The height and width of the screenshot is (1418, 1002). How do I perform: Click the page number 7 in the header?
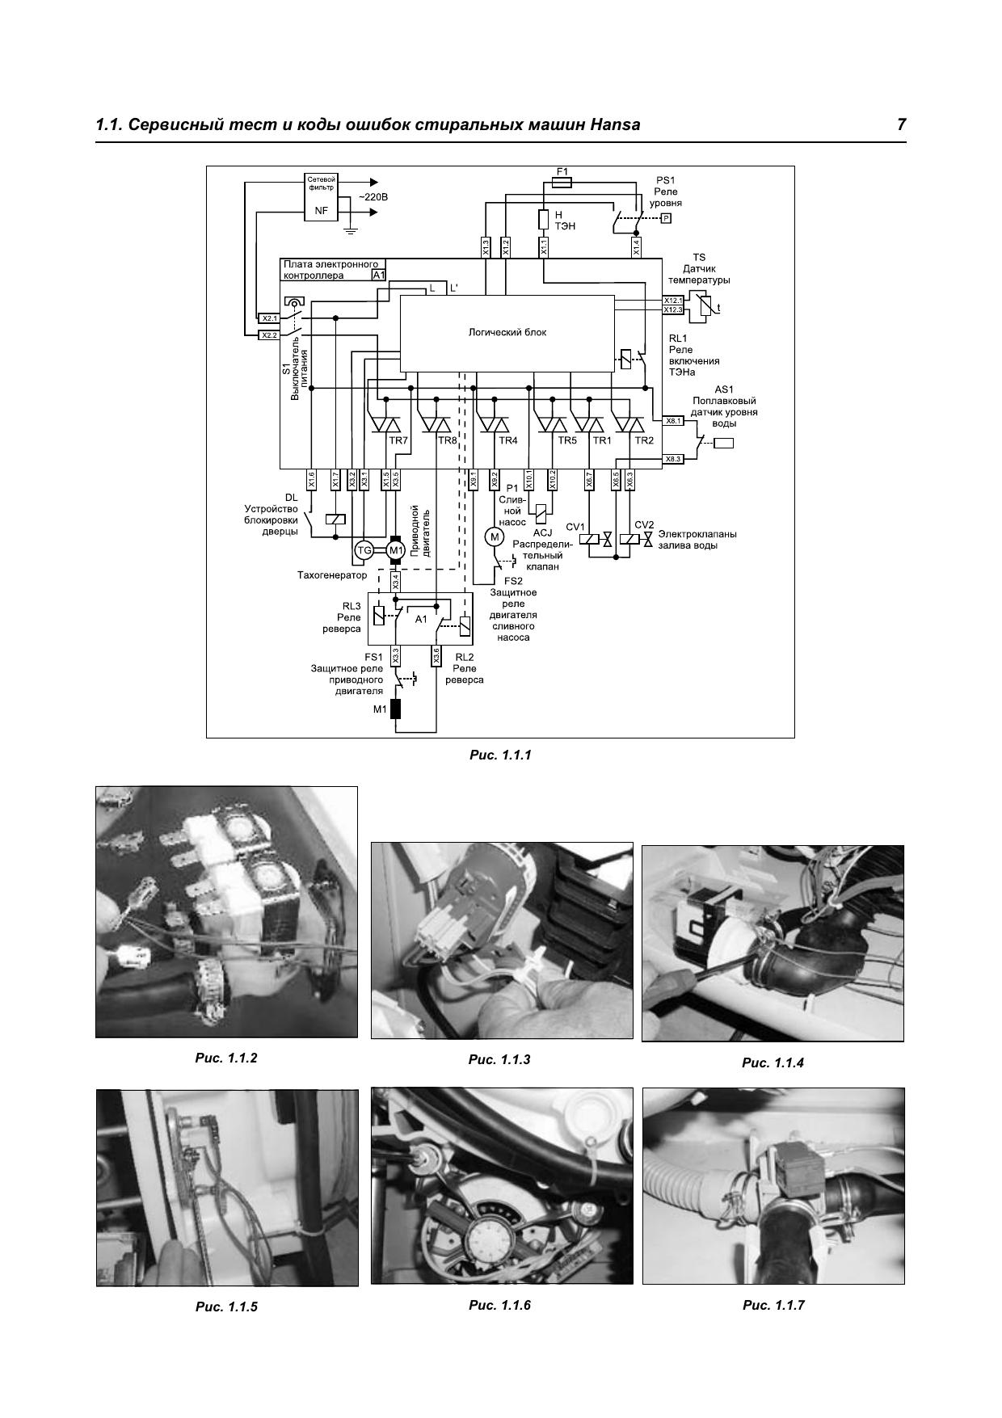pyautogui.click(x=901, y=124)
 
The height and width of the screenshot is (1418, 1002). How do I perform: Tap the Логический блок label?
pyautogui.click(x=507, y=332)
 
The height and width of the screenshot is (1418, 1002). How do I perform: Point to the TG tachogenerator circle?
pyautogui.click(x=364, y=550)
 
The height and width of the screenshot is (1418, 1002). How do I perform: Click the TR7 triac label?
pyautogui.click(x=398, y=440)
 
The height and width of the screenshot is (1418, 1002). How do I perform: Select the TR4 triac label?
pyautogui.click(x=507, y=440)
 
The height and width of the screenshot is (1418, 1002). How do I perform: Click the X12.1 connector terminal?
pyautogui.click(x=673, y=301)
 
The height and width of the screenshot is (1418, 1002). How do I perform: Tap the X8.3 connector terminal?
pyautogui.click(x=673, y=459)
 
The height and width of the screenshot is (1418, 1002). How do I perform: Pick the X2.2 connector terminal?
pyautogui.click(x=269, y=335)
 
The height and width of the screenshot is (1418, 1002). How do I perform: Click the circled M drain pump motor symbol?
pyautogui.click(x=493, y=536)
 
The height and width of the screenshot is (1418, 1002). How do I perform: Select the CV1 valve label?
pyautogui.click(x=575, y=527)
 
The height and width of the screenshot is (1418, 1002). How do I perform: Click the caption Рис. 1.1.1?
pyautogui.click(x=500, y=755)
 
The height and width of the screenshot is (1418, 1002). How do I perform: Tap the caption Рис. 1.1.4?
pyautogui.click(x=773, y=1063)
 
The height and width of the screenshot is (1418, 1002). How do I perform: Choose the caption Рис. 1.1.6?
pyautogui.click(x=499, y=1305)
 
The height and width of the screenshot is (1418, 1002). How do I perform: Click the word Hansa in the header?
pyautogui.click(x=611, y=124)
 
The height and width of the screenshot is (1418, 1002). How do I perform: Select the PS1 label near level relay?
pyautogui.click(x=665, y=180)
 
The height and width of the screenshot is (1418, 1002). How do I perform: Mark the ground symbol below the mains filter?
pyautogui.click(x=350, y=230)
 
